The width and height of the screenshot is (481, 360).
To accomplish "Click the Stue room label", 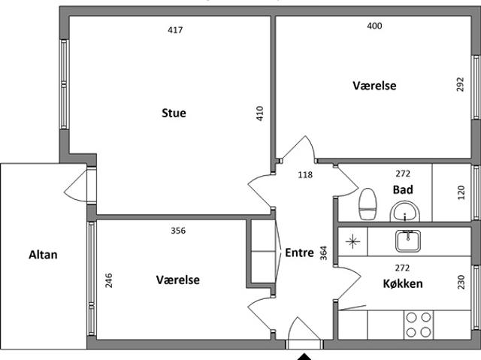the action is click(x=174, y=113).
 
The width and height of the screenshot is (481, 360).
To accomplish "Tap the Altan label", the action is click(x=43, y=255).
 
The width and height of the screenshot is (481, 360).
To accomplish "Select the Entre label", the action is click(x=299, y=253).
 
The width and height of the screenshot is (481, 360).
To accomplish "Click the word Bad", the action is click(x=403, y=189).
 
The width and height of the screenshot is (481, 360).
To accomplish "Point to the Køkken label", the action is click(x=403, y=283).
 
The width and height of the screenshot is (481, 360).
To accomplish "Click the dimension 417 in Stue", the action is click(x=175, y=30).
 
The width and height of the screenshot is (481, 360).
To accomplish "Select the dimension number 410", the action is click(x=259, y=113).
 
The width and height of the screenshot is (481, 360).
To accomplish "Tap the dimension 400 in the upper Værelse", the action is click(x=374, y=26).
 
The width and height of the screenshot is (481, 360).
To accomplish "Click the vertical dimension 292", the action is click(x=460, y=84).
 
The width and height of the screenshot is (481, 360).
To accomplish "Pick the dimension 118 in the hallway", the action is click(x=305, y=175).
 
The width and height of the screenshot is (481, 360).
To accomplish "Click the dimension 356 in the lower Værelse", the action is click(x=178, y=230).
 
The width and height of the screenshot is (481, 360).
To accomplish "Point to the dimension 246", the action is click(x=108, y=280).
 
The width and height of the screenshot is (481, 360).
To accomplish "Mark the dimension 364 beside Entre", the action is click(x=324, y=253).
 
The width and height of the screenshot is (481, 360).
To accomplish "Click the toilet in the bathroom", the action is click(x=368, y=204).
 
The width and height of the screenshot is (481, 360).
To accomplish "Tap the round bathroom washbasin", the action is click(x=404, y=212).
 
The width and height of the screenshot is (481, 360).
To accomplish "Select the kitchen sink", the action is click(x=407, y=241).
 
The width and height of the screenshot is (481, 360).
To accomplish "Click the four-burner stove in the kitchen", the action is click(x=419, y=325).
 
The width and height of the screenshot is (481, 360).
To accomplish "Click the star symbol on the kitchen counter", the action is click(x=352, y=241).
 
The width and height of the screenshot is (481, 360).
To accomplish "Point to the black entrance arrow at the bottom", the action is click(x=304, y=357).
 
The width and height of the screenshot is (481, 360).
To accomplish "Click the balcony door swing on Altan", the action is click(x=77, y=186).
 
